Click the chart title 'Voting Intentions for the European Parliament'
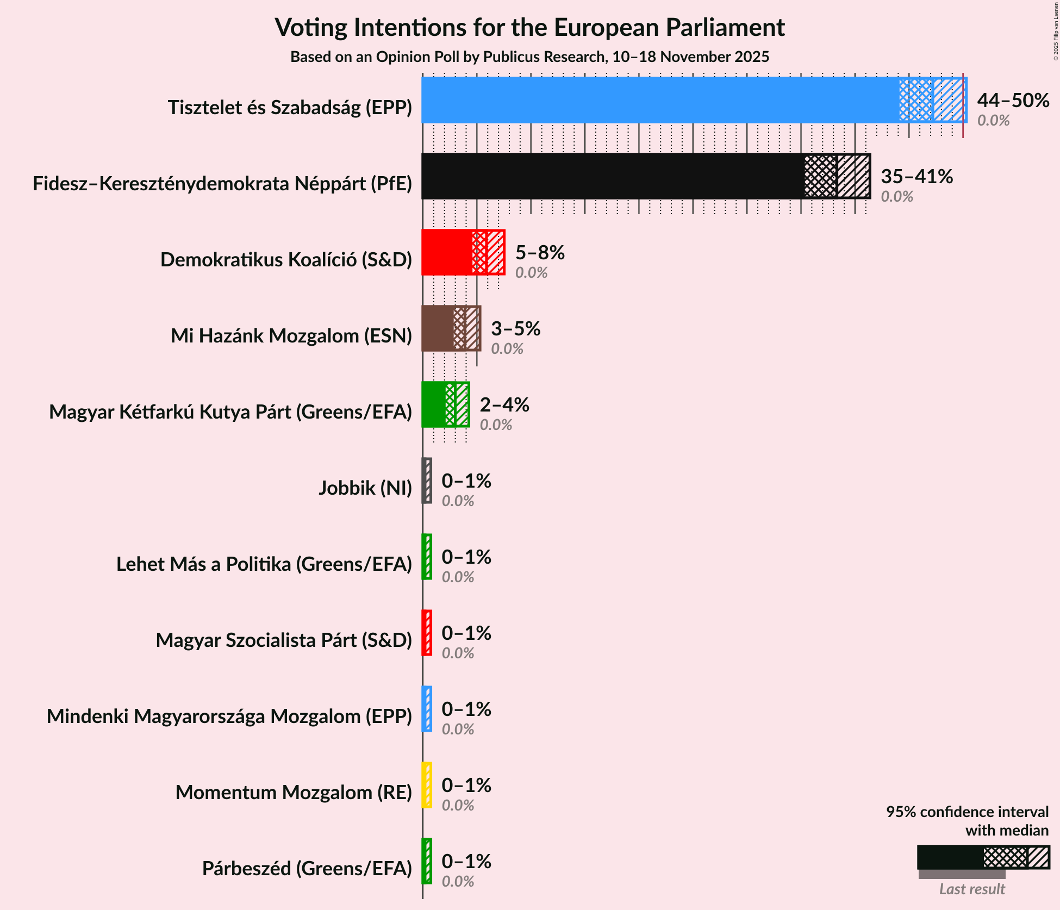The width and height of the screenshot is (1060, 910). coord(529,27)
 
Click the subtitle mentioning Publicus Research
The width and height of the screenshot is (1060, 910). coord(529,57)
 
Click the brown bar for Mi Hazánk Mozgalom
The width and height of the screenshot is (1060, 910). coord(438,328)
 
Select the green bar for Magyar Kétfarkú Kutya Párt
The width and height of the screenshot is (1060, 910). coord(433,404)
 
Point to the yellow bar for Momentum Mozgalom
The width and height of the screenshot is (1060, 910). coord(427,785)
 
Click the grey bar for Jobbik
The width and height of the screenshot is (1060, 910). coord(427,481)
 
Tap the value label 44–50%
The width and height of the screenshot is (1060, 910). coord(1013,101)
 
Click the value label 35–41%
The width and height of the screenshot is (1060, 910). coord(916,177)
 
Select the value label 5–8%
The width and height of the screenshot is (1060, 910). coord(540,253)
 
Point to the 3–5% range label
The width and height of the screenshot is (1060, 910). coord(515,329)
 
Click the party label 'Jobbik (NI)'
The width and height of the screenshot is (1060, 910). coord(365,488)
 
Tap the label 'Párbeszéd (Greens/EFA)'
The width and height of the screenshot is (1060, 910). coord(307,869)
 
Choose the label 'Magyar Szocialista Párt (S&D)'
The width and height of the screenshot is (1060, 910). coord(284,640)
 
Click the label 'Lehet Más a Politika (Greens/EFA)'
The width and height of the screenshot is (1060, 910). coord(264,564)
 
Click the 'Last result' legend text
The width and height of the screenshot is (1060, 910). coord(972,889)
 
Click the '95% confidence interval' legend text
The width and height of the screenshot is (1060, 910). coord(967,812)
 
